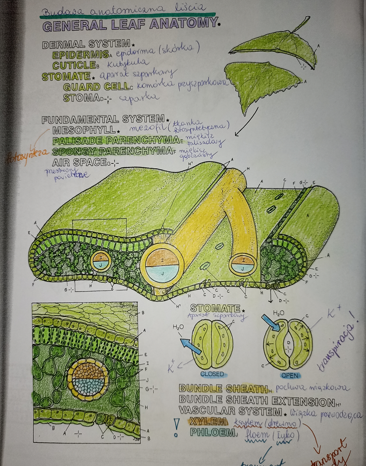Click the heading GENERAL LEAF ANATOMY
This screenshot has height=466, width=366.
[x=130, y=25]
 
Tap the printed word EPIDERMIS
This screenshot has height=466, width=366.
[x=80, y=55]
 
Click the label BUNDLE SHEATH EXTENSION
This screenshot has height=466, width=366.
[x=254, y=400]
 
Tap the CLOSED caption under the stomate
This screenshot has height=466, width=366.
[x=212, y=374]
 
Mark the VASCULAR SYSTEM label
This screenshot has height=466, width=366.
[x=230, y=411]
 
